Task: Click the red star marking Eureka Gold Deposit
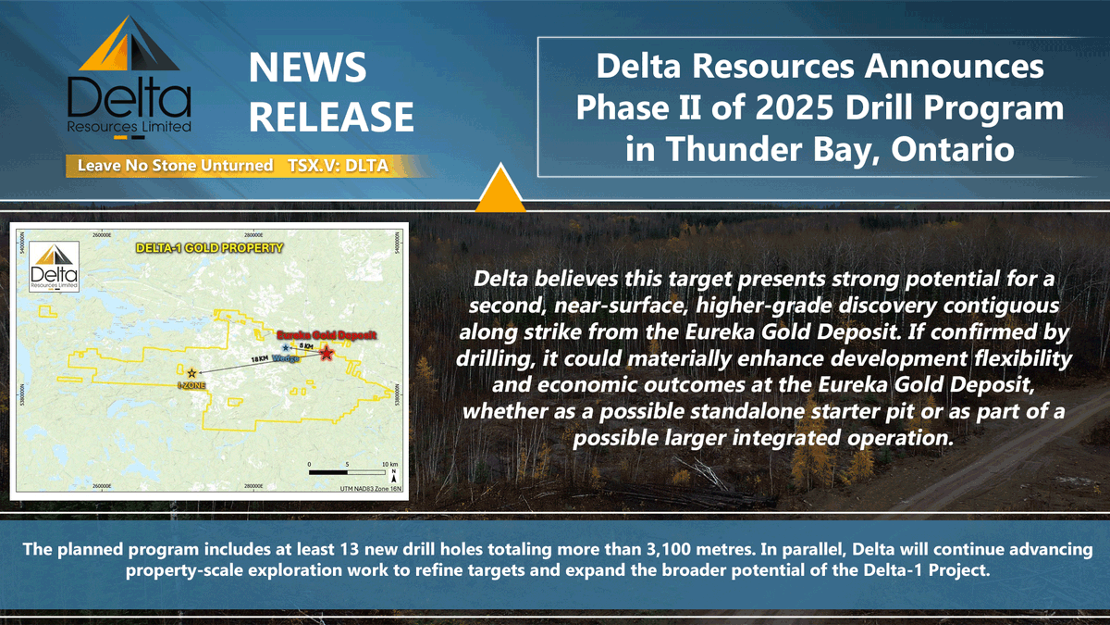pyautogui.click(x=326, y=353)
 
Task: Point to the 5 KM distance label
pyautogui.click(x=306, y=345)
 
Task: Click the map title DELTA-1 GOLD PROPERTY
pyautogui.click(x=209, y=249)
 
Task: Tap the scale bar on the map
pyautogui.click(x=345, y=471)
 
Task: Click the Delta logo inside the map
pyautogui.click(x=55, y=267)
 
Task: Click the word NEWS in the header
pyautogui.click(x=307, y=68)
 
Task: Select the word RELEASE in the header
pyautogui.click(x=332, y=117)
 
